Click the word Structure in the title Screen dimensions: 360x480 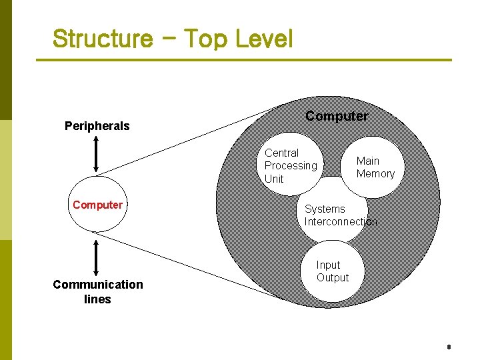click(x=102, y=39)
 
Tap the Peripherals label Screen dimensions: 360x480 click(x=97, y=126)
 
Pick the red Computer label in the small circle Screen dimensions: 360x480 click(x=97, y=205)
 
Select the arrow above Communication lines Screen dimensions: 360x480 click(x=97, y=257)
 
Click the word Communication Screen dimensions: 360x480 click(x=97, y=285)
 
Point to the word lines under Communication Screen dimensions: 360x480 click(x=97, y=299)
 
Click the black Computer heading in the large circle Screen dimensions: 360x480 click(x=337, y=116)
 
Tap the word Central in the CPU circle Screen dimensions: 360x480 click(x=281, y=153)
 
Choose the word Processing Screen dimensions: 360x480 click(x=291, y=166)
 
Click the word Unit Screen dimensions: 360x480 click(x=274, y=179)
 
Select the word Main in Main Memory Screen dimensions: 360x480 click(x=367, y=161)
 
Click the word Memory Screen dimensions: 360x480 click(x=375, y=174)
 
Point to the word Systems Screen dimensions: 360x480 click(x=325, y=209)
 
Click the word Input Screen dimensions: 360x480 click(x=328, y=265)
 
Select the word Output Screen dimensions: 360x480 click(x=333, y=277)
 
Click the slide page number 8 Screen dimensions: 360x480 click(x=449, y=347)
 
